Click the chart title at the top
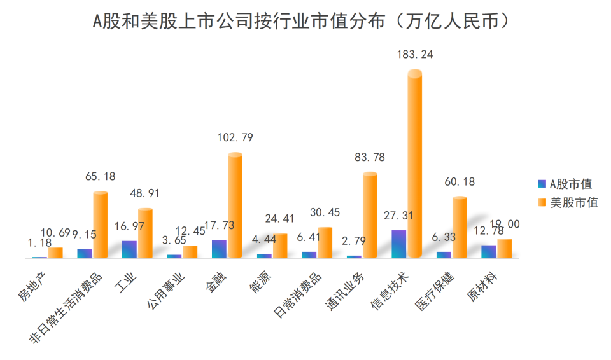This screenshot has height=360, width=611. pyautogui.click(x=305, y=21)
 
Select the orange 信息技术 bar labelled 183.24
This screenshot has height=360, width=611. pyautogui.click(x=414, y=165)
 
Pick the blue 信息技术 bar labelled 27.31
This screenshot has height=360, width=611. pyautogui.click(x=399, y=244)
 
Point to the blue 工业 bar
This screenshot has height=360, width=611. pyautogui.click(x=129, y=249)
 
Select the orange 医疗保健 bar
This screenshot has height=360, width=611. pyautogui.click(x=460, y=227)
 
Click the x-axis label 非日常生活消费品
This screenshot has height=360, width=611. pyautogui.click(x=66, y=307)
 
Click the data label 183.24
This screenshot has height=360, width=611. pyautogui.click(x=415, y=55)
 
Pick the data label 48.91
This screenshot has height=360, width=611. pyautogui.click(x=145, y=193)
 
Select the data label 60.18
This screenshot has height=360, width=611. pyautogui.click(x=460, y=183)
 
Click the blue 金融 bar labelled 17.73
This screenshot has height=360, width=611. pyautogui.click(x=219, y=249)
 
